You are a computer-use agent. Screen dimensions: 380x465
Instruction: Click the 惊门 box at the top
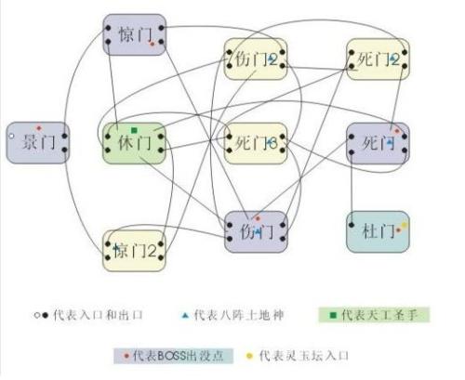134,34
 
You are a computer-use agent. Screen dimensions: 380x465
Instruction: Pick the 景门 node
37,142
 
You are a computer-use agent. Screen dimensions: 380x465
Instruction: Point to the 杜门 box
378,230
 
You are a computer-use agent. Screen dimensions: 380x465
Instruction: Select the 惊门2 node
134,249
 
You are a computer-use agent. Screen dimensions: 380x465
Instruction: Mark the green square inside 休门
135,129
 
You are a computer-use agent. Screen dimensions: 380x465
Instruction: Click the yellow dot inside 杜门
403,225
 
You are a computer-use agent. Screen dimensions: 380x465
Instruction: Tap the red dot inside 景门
38,126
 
